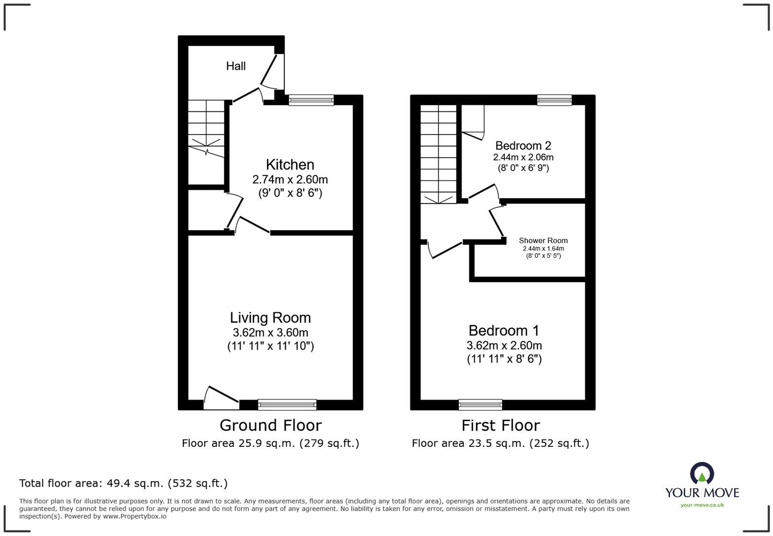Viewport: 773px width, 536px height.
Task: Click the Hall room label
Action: click(236, 66)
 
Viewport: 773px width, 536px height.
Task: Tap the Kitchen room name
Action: click(290, 165)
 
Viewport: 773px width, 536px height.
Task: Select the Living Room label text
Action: click(270, 318)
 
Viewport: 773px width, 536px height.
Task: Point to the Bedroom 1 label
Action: click(504, 331)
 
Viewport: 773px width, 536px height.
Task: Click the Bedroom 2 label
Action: click(523, 146)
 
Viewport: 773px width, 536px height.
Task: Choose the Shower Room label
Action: click(543, 240)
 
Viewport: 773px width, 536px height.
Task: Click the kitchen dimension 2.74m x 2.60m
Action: click(290, 179)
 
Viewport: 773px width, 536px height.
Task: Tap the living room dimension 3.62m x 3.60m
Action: click(270, 333)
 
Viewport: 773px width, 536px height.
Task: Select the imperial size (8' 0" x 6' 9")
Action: click(523, 168)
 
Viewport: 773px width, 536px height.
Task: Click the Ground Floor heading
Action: click(270, 425)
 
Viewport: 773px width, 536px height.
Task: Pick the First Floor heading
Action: click(500, 425)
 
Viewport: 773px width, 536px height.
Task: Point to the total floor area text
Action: click(123, 483)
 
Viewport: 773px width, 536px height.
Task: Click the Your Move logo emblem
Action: click(702, 474)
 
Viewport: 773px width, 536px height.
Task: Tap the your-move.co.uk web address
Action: click(702, 504)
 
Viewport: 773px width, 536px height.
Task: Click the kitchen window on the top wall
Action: click(311, 100)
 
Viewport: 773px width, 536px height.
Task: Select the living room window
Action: click(287, 404)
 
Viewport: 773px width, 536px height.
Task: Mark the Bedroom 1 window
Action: click(480, 404)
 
